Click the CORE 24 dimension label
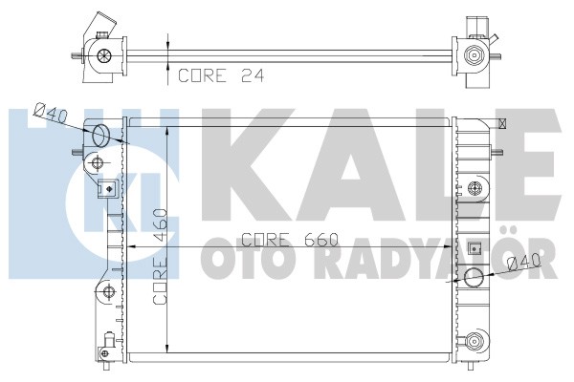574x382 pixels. [221, 75]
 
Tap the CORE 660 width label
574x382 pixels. [290, 240]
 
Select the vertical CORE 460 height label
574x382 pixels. [160, 257]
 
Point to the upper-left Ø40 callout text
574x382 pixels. [51, 113]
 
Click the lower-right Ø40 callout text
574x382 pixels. [525, 262]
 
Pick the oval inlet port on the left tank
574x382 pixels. [100, 136]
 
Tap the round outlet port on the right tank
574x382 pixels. [474, 276]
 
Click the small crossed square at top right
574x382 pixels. [503, 123]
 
